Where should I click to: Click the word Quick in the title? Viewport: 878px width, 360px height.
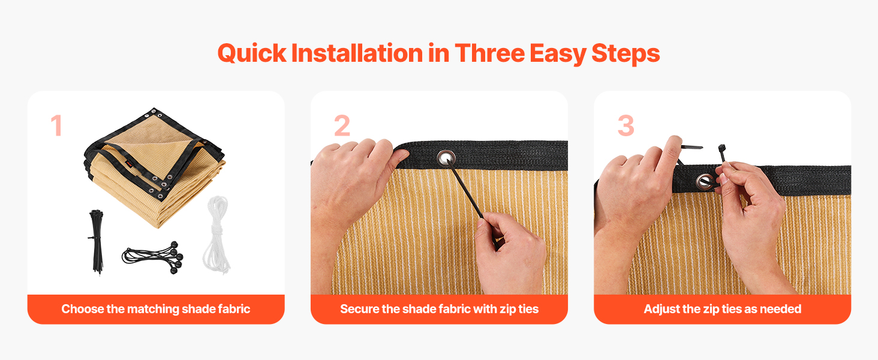pos(252,53)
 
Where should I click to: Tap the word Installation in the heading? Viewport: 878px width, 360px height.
pos(357,53)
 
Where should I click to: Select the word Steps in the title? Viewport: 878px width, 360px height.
pos(626,54)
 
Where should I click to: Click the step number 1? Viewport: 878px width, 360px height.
pos(57,125)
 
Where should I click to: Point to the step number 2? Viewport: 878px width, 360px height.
pos(342,125)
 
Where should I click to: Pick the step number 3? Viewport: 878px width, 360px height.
pos(626,125)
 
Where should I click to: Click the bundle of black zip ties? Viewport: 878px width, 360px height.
pos(97,242)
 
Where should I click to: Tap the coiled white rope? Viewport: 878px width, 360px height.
pos(217,235)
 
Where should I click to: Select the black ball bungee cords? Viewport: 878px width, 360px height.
pos(154,257)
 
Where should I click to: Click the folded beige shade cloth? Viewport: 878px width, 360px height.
pos(155,167)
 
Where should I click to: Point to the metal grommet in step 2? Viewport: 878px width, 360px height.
pos(446,158)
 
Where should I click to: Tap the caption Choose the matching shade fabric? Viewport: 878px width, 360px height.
pos(155,309)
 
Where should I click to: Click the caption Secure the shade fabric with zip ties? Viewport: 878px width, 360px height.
pos(439,309)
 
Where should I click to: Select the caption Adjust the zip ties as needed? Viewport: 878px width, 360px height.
pos(723,309)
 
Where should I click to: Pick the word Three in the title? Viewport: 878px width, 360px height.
pos(489,53)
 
